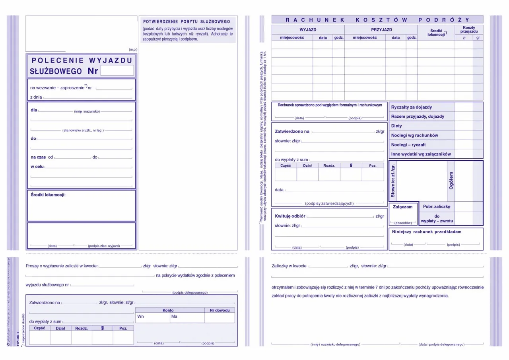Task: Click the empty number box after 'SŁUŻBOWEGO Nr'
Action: pyautogui.click(x=117, y=71)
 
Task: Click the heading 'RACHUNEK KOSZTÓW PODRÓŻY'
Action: pyautogui.click(x=377, y=19)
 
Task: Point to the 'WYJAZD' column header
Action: pyautogui.click(x=308, y=29)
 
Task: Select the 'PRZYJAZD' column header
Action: pyautogui.click(x=381, y=29)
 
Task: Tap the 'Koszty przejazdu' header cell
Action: pyautogui.click(x=469, y=29)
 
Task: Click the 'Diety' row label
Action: pyautogui.click(x=396, y=126)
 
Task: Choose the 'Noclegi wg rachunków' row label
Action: pyautogui.click(x=414, y=135)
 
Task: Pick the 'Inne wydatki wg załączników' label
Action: pyautogui.click(x=421, y=154)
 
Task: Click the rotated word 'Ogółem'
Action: pyautogui.click(x=451, y=180)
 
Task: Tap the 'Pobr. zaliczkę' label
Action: pyautogui.click(x=436, y=206)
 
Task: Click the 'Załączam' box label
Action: pyautogui.click(x=402, y=207)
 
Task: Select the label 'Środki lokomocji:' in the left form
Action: pyautogui.click(x=48, y=195)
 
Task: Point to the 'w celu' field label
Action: pyautogui.click(x=37, y=166)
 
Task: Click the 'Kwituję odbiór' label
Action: pyautogui.click(x=290, y=216)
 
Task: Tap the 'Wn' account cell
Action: pyautogui.click(x=140, y=317)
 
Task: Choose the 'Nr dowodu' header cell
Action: pyautogui.click(x=220, y=310)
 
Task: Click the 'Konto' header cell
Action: pyautogui.click(x=168, y=310)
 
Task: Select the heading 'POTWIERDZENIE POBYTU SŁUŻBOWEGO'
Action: pyautogui.click(x=187, y=21)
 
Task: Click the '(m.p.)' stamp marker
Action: pyautogui.click(x=133, y=50)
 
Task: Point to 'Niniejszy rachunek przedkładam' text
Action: pyautogui.click(x=427, y=232)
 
